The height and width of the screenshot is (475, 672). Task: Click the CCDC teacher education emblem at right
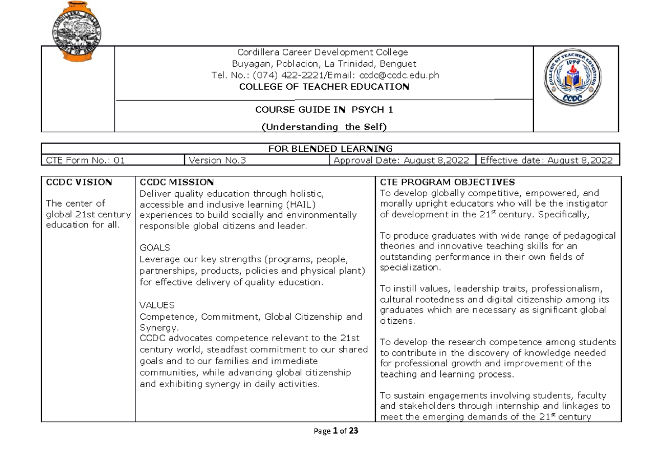click(x=576, y=83)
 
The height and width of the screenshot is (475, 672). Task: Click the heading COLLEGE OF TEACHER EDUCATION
click(x=324, y=87)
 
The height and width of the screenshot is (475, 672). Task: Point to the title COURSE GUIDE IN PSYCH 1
click(x=324, y=110)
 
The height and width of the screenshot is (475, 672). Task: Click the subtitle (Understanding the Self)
click(x=324, y=127)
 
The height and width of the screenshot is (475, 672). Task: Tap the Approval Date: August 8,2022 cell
click(x=402, y=161)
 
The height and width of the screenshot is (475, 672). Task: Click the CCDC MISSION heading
click(x=176, y=182)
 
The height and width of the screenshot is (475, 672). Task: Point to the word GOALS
click(x=155, y=247)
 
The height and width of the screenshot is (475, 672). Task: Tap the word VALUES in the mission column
click(x=157, y=305)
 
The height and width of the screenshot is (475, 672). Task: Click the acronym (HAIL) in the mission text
click(x=283, y=204)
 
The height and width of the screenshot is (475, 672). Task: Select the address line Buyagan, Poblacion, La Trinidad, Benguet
click(x=324, y=63)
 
